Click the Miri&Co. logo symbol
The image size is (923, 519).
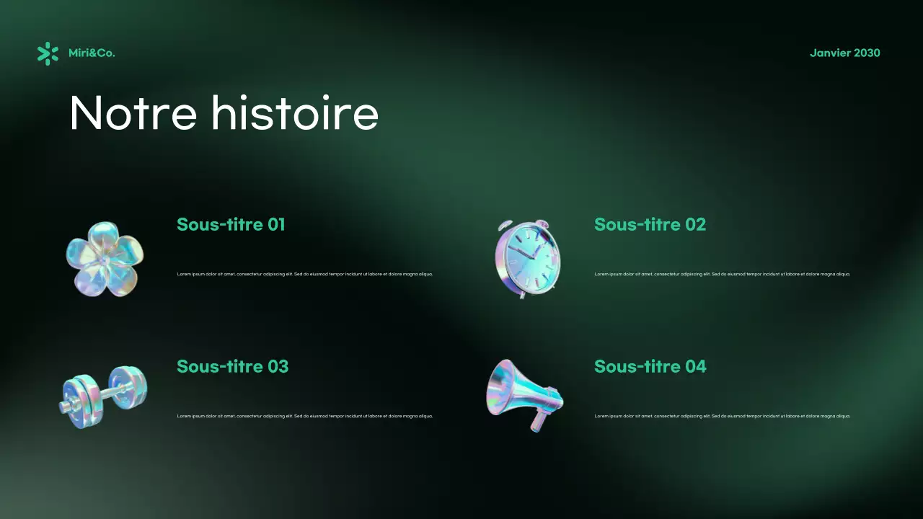pyautogui.click(x=48, y=53)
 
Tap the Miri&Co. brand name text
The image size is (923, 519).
pyautogui.click(x=92, y=53)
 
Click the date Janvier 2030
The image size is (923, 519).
pyautogui.click(x=844, y=53)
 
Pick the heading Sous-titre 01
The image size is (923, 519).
pyautogui.click(x=231, y=224)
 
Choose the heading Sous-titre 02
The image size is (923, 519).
pyautogui.click(x=650, y=224)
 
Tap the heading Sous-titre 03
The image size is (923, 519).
pyautogui.click(x=232, y=366)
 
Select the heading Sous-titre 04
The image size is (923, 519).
pyautogui.click(x=650, y=366)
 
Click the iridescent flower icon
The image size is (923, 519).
pyautogui.click(x=105, y=258)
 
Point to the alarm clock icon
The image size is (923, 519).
pyautogui.click(x=527, y=258)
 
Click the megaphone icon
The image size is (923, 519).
pyautogui.click(x=524, y=394)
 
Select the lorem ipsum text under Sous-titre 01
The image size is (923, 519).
pyautogui.click(x=304, y=274)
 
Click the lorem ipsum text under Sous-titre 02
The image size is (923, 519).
pyautogui.click(x=722, y=274)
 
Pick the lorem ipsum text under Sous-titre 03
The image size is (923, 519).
pyautogui.click(x=304, y=416)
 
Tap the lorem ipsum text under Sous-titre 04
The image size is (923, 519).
pyautogui.click(x=722, y=416)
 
